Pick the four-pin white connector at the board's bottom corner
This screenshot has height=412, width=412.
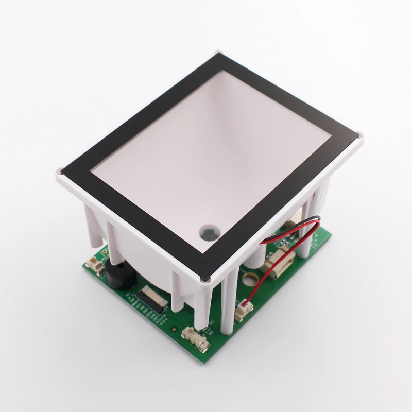195,337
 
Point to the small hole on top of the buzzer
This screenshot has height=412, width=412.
114,276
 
